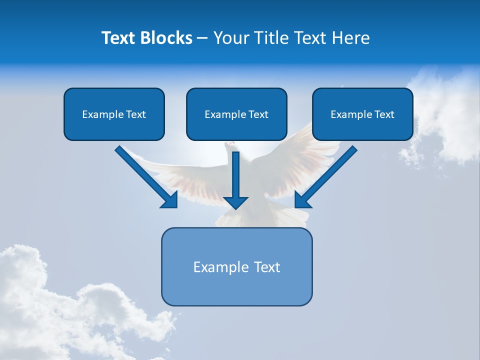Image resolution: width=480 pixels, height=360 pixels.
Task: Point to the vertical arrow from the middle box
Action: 235,175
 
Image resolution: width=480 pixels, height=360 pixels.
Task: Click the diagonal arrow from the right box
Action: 330,172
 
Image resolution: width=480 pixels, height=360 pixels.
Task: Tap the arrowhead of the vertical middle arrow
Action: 235,202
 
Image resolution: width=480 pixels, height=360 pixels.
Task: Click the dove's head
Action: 229,146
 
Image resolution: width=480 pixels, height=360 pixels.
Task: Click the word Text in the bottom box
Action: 267,267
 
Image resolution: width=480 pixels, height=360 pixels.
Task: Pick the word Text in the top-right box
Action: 384,114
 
